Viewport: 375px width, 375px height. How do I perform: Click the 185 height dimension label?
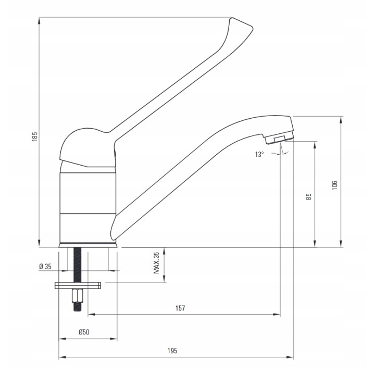click(35, 136)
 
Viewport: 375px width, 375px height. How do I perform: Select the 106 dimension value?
click(334, 185)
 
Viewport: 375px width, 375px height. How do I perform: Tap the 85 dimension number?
click(309, 196)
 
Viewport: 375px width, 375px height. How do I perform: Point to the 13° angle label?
click(259, 154)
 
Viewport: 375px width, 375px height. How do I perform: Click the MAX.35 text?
click(156, 262)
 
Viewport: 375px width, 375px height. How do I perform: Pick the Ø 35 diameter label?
click(45, 266)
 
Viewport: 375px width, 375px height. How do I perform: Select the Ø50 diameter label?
click(84, 332)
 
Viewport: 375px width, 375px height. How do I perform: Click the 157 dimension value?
click(180, 308)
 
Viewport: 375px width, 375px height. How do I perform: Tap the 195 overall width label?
click(172, 351)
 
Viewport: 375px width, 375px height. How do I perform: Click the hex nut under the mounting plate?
click(77, 296)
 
